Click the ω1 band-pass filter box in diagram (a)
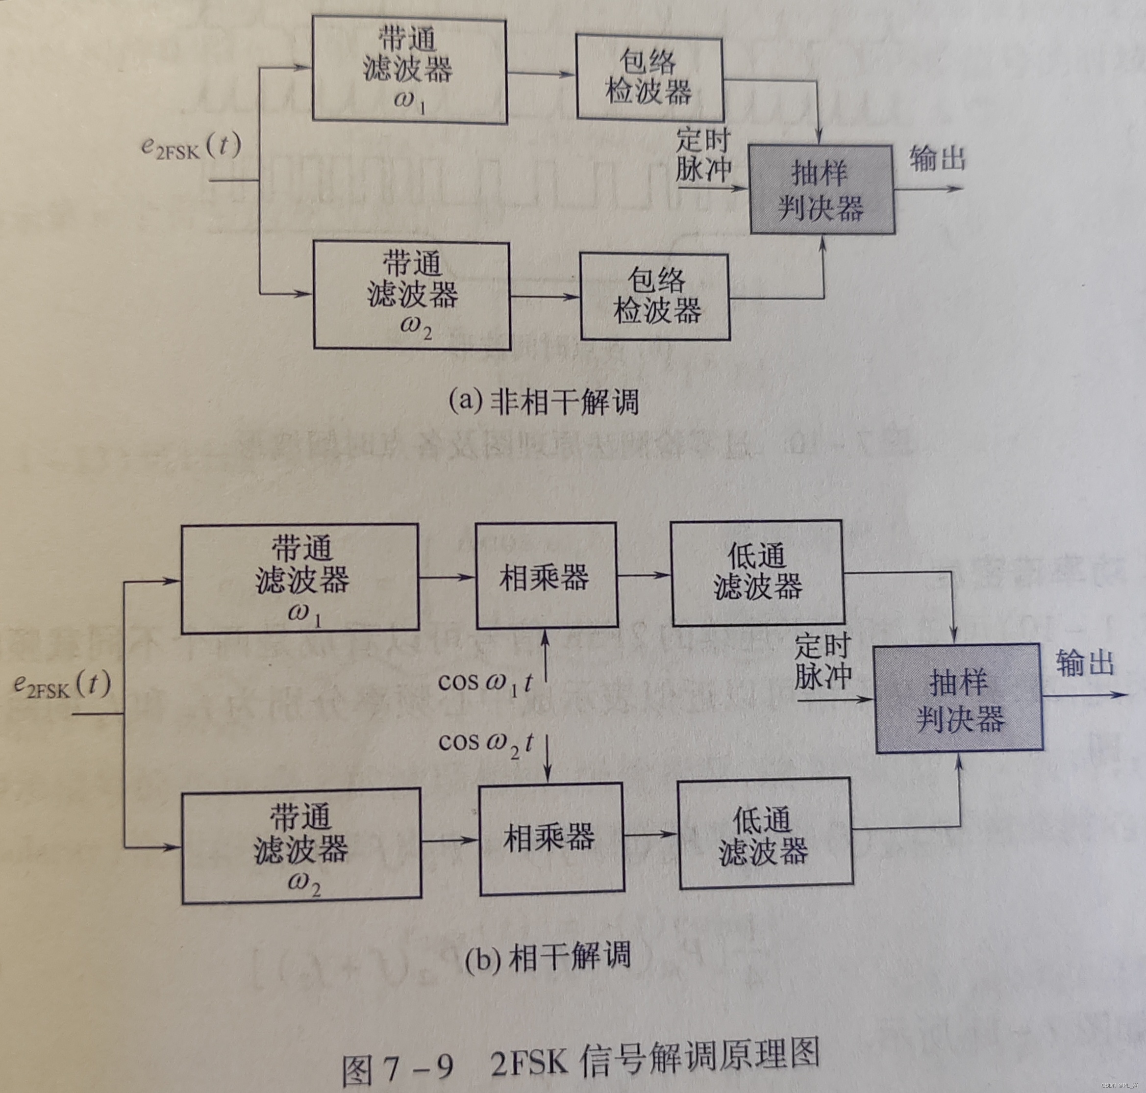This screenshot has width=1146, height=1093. [409, 70]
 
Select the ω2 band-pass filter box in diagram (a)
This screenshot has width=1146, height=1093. [412, 295]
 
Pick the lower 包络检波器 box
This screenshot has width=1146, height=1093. [655, 297]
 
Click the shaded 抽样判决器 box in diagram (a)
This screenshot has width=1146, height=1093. [822, 189]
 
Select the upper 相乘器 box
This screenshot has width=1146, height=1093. [546, 576]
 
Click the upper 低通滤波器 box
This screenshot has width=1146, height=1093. [758, 573]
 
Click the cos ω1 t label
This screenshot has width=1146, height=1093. [485, 682]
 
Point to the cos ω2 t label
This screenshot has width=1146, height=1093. [486, 743]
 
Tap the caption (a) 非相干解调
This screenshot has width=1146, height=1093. [543, 402]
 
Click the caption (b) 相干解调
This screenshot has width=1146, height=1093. [548, 957]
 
